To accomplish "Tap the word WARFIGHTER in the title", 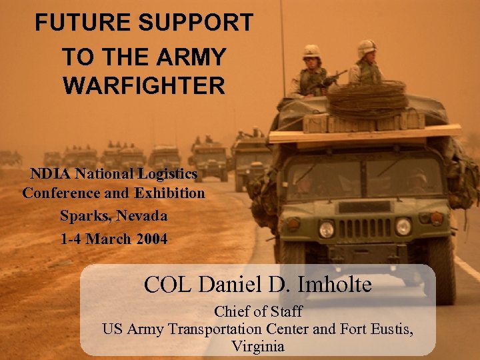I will (x=144, y=86).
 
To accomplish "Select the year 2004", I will (x=151, y=239).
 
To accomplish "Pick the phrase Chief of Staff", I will (x=258, y=311).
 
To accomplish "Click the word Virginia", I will (x=258, y=346).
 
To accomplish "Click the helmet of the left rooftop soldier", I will (x=311, y=51).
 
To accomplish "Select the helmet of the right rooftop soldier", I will (x=367, y=47).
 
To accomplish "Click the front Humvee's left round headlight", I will (x=326, y=229).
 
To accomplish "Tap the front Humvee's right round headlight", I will (x=403, y=227).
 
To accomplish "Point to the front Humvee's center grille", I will (x=365, y=229).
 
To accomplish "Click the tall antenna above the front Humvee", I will (x=283, y=40).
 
